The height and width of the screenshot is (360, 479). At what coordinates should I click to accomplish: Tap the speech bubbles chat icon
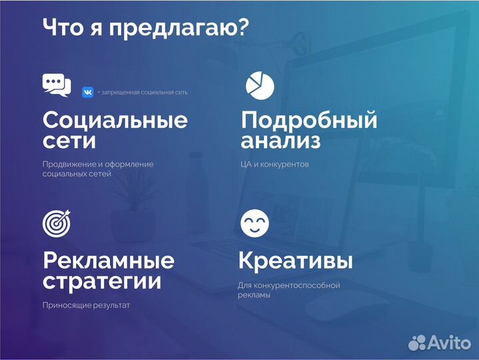[x=56, y=85]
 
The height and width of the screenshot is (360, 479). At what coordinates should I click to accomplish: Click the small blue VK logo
[x=87, y=92]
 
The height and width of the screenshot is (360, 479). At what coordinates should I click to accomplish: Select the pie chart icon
[x=260, y=85]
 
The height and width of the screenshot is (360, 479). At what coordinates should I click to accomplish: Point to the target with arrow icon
[x=56, y=223]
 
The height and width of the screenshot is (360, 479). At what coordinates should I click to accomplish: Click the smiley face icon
[x=254, y=223]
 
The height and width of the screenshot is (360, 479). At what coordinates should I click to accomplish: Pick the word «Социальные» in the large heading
[x=115, y=121]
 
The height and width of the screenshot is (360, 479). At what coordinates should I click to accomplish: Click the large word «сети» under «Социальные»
[x=69, y=141]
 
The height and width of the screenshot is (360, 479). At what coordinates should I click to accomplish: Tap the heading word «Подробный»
[x=309, y=121]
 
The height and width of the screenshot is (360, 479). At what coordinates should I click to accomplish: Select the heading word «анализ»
[x=280, y=141]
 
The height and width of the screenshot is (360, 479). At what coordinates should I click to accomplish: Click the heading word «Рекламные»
[x=109, y=260]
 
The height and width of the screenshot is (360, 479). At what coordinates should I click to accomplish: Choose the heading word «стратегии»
[x=102, y=281]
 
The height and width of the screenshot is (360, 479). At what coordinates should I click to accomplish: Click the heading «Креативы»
[x=296, y=260]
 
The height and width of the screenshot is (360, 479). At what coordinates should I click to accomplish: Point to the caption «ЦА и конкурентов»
[x=274, y=164]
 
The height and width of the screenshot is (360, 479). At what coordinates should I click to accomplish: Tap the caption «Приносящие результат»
[x=86, y=305]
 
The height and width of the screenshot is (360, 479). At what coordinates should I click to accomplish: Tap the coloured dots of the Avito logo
[x=417, y=343]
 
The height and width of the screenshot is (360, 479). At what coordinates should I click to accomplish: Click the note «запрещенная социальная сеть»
[x=144, y=92]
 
